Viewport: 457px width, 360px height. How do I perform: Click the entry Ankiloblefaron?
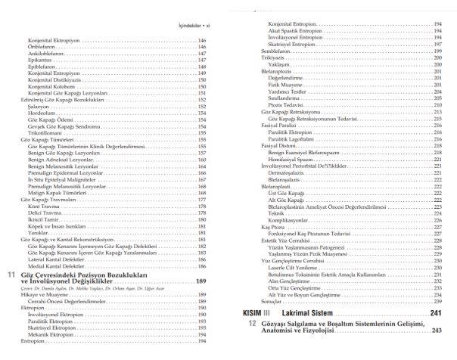(x=44, y=54)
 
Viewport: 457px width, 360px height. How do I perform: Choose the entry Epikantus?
(x=38, y=61)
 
